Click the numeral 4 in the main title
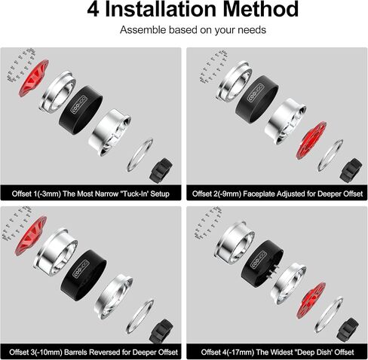94,11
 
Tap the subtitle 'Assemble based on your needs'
184,32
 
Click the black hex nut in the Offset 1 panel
163,168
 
